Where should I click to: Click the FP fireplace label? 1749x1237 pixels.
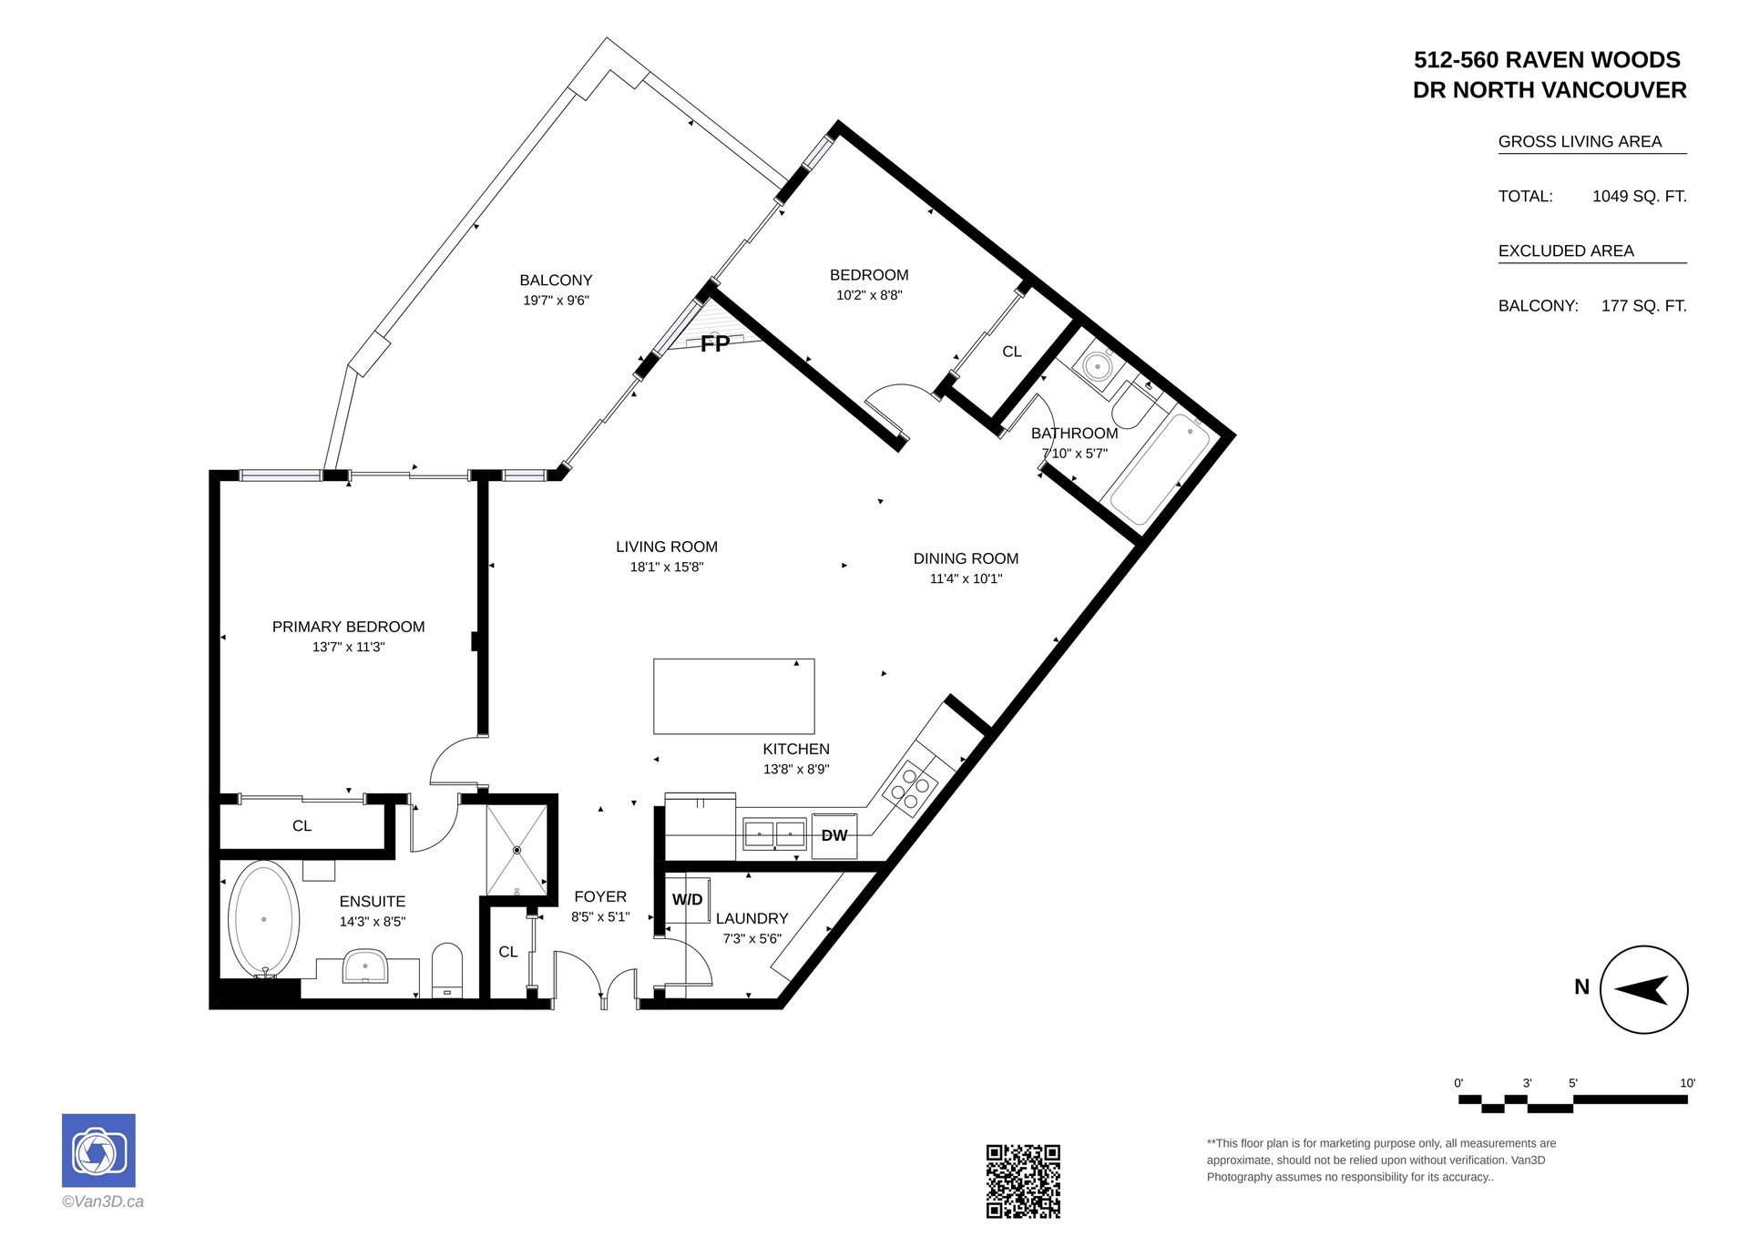[715, 343]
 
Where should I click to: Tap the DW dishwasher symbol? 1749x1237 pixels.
[834, 835]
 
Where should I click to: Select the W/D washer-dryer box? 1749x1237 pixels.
[688, 900]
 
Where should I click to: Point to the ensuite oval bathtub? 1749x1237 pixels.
[263, 920]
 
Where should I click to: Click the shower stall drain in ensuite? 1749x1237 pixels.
[517, 850]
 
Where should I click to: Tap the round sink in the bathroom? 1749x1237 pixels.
[1098, 368]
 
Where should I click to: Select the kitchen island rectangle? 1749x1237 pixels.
[734, 697]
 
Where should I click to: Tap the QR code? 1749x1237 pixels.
[1023, 1181]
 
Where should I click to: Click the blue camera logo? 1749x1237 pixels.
[98, 1150]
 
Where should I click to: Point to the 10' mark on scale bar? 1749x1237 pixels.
[1687, 1083]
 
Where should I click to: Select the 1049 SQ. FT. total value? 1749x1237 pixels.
[1639, 196]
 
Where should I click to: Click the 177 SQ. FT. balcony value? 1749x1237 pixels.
[1643, 306]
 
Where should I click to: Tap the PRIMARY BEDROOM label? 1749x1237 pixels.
[349, 627]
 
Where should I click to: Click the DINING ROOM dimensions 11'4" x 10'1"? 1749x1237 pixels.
[966, 578]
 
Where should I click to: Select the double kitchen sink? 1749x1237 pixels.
[775, 833]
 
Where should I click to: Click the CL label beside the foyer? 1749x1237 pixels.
[508, 952]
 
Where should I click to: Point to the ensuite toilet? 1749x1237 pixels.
[446, 970]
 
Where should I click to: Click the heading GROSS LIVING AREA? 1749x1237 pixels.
[1580, 141]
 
